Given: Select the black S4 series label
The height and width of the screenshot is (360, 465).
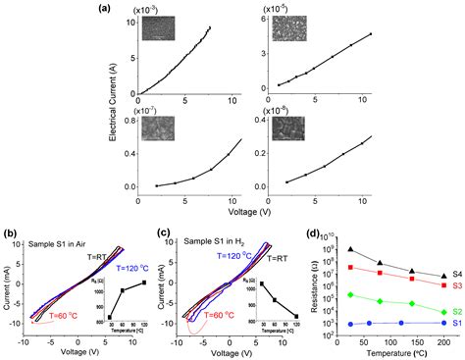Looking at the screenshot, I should (456, 275).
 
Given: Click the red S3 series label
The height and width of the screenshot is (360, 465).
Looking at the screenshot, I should (456, 284).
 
